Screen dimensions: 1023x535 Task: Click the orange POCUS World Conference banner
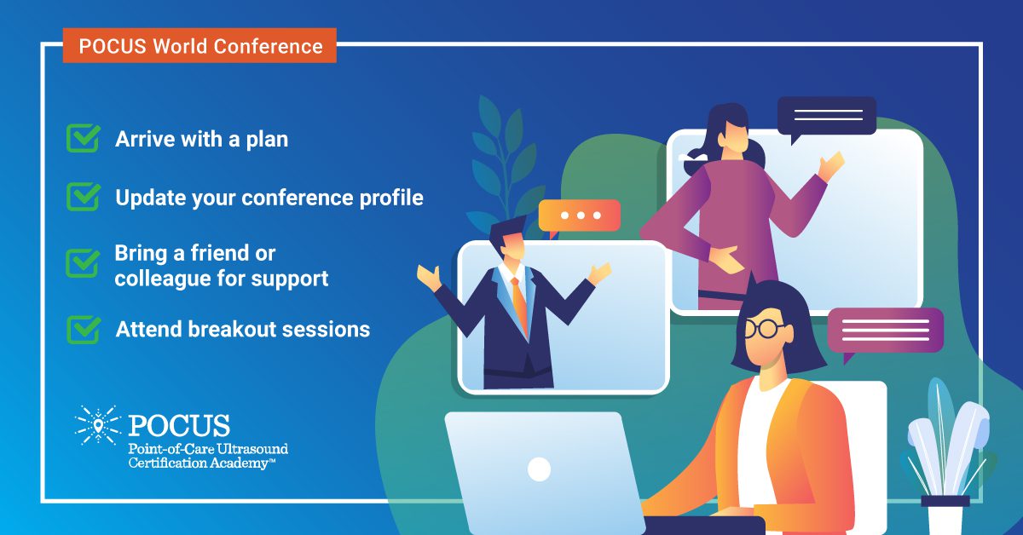(199, 46)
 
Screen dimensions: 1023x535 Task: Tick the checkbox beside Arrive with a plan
(84, 138)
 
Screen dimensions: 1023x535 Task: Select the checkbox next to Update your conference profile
(84, 197)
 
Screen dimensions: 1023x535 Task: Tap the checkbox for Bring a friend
(83, 263)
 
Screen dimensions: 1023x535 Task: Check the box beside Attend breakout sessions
(84, 329)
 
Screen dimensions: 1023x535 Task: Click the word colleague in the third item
(162, 279)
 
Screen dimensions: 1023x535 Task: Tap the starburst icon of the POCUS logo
(98, 425)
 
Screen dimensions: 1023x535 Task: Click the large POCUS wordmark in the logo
(179, 425)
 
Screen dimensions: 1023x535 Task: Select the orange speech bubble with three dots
(579, 216)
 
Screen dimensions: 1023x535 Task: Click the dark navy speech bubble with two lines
(827, 116)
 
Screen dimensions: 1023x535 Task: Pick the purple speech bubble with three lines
(885, 331)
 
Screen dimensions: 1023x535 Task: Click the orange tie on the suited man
(520, 304)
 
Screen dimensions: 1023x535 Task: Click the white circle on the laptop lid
(539, 469)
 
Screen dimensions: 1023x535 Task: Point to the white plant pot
(945, 515)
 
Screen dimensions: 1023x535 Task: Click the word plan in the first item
(267, 140)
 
